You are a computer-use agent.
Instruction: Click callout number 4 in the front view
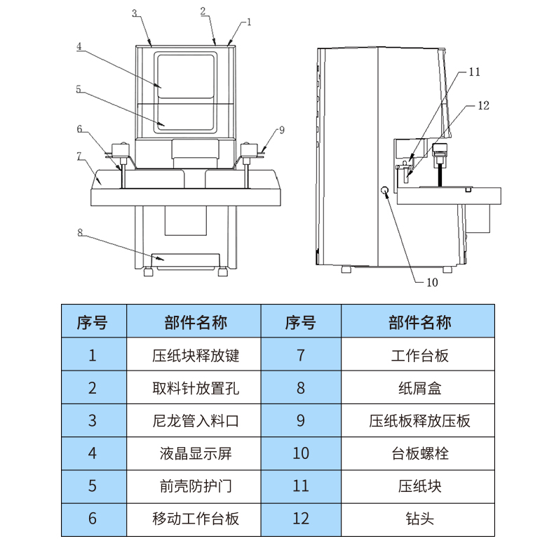tap(79, 47)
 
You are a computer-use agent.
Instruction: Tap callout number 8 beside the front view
tap(80, 232)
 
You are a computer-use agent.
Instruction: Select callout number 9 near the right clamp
tap(281, 130)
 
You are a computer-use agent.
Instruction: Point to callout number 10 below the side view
tap(432, 283)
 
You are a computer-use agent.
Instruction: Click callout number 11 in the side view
tap(475, 72)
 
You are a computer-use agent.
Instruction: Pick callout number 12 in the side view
tap(482, 105)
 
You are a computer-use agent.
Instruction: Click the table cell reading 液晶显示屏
tap(196, 453)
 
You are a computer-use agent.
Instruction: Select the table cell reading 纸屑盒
tap(419, 387)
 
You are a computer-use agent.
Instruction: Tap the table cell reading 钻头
tap(419, 519)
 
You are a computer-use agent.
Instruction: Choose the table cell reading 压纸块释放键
tap(196, 355)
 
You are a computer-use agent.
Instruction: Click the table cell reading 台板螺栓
tap(419, 453)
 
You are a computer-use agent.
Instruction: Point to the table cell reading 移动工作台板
tap(196, 519)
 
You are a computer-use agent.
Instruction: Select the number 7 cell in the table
tap(301, 355)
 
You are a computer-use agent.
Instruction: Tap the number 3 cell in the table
tap(93, 421)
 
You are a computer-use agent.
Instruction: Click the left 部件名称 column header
tap(196, 322)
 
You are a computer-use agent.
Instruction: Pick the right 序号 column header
tap(301, 322)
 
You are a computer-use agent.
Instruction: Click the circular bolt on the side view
tap(385, 192)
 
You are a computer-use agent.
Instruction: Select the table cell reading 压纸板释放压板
tap(419, 421)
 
